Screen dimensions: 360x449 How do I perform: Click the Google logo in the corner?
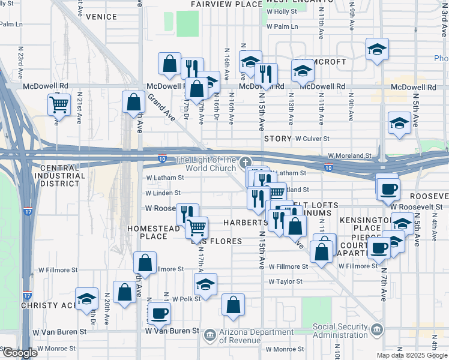[19, 353]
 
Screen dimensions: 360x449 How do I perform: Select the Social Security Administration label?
[340, 331]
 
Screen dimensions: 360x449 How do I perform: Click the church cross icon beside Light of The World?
[244, 163]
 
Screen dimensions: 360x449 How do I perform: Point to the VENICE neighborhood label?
[101, 17]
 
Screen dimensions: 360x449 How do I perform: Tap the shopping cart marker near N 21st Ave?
[59, 105]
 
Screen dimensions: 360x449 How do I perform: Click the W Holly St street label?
[282, 11]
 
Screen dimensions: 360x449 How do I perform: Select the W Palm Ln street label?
[282, 26]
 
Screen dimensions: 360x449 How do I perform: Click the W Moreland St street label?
[349, 155]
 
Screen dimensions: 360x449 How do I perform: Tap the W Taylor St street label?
[285, 281]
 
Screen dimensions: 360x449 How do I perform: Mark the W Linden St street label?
[163, 193]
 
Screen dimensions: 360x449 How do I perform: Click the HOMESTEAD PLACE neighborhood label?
[154, 232]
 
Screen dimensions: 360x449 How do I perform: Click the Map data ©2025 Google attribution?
[411, 355]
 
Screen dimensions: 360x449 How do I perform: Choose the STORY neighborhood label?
[277, 139]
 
